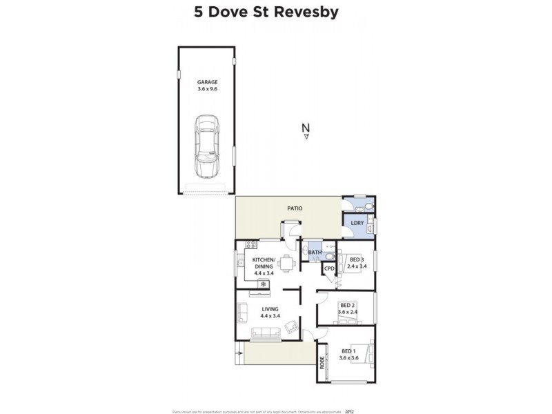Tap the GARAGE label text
(x=206, y=82)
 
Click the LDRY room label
(x=357, y=223)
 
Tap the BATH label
(x=315, y=253)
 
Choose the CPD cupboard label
(x=329, y=268)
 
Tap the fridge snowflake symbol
(x=263, y=282)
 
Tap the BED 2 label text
(x=347, y=305)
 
